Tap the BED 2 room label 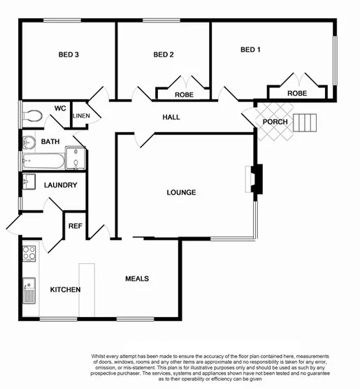[163, 55]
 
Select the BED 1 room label [250, 50]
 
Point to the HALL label [171, 117]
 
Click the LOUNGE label [181, 192]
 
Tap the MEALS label [137, 278]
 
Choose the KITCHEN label [65, 290]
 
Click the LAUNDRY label [60, 185]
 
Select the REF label [75, 226]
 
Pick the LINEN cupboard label [81, 115]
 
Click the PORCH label [275, 122]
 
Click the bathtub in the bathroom [43, 163]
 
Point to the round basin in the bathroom [29, 143]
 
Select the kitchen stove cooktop [29, 253]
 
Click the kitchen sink [29, 289]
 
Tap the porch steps [305, 123]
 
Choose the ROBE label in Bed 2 [184, 94]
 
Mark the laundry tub [28, 183]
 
